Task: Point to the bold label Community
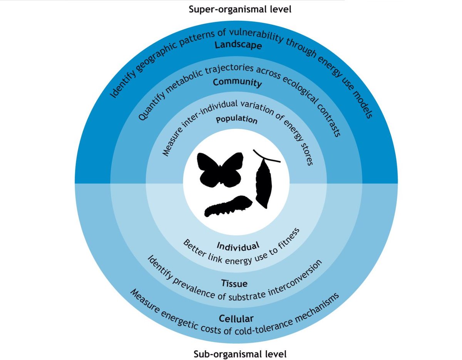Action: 238,82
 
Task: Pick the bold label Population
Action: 236,119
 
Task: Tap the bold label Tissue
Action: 234,283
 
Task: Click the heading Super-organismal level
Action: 240,9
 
